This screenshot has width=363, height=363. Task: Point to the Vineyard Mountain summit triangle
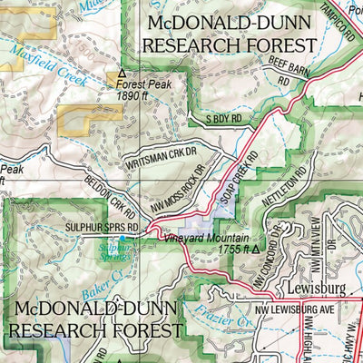pos(256,247)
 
